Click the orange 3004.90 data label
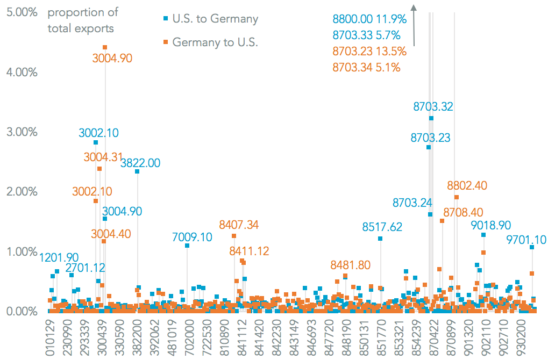[x=112, y=58]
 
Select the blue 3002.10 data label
[x=98, y=132]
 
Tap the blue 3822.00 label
[x=140, y=163]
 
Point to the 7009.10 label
[x=193, y=236]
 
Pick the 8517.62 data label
[x=382, y=227]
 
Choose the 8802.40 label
[x=467, y=185]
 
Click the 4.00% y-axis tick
[x=22, y=72]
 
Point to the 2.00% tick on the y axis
[x=22, y=192]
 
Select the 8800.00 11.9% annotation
[x=369, y=19]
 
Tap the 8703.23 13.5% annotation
[x=369, y=52]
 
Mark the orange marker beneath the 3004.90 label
[x=105, y=48]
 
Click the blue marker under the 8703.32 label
[x=431, y=118]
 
